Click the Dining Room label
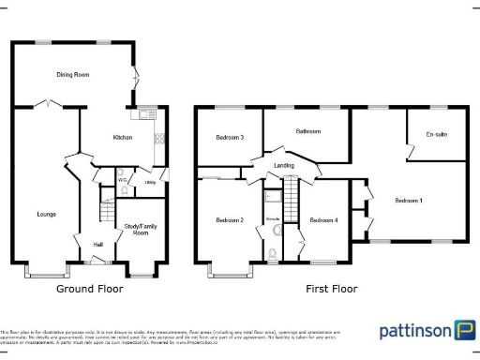click(x=72, y=73)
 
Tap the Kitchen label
click(x=123, y=138)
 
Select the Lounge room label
click(x=35, y=215)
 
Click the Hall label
click(x=97, y=246)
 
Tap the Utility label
click(x=150, y=183)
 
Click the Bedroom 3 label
click(x=229, y=138)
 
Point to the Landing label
click(x=284, y=165)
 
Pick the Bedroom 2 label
click(x=229, y=220)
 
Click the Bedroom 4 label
click(x=323, y=220)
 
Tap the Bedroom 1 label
click(x=408, y=201)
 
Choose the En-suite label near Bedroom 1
click(x=436, y=135)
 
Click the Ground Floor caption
click(x=90, y=290)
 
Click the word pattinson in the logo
click(x=413, y=331)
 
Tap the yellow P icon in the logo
click(x=462, y=330)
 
